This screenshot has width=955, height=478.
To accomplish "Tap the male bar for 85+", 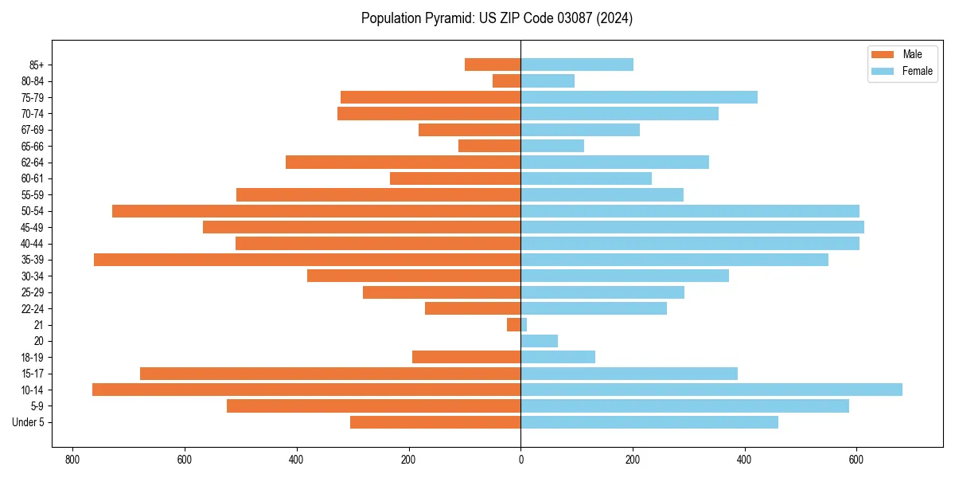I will coord(493,65).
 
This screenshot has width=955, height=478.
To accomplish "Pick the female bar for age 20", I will coord(540,341).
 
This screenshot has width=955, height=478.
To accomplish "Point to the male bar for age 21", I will coord(514,324).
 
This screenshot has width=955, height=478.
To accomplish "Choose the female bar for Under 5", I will coord(649,422).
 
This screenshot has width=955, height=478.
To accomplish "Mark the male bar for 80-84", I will coord(507,80).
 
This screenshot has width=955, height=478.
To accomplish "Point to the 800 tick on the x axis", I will coord(72,460).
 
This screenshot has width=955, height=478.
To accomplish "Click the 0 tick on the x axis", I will coord(520,460).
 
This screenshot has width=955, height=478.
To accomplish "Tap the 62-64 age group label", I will coord(32,163).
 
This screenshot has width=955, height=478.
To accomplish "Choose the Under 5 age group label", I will coord(28,422).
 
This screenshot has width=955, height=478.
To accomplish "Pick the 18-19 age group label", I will coord(32,357).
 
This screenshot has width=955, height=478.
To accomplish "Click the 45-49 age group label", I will coord(32,227).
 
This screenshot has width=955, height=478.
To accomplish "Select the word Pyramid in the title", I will coord(449,18).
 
